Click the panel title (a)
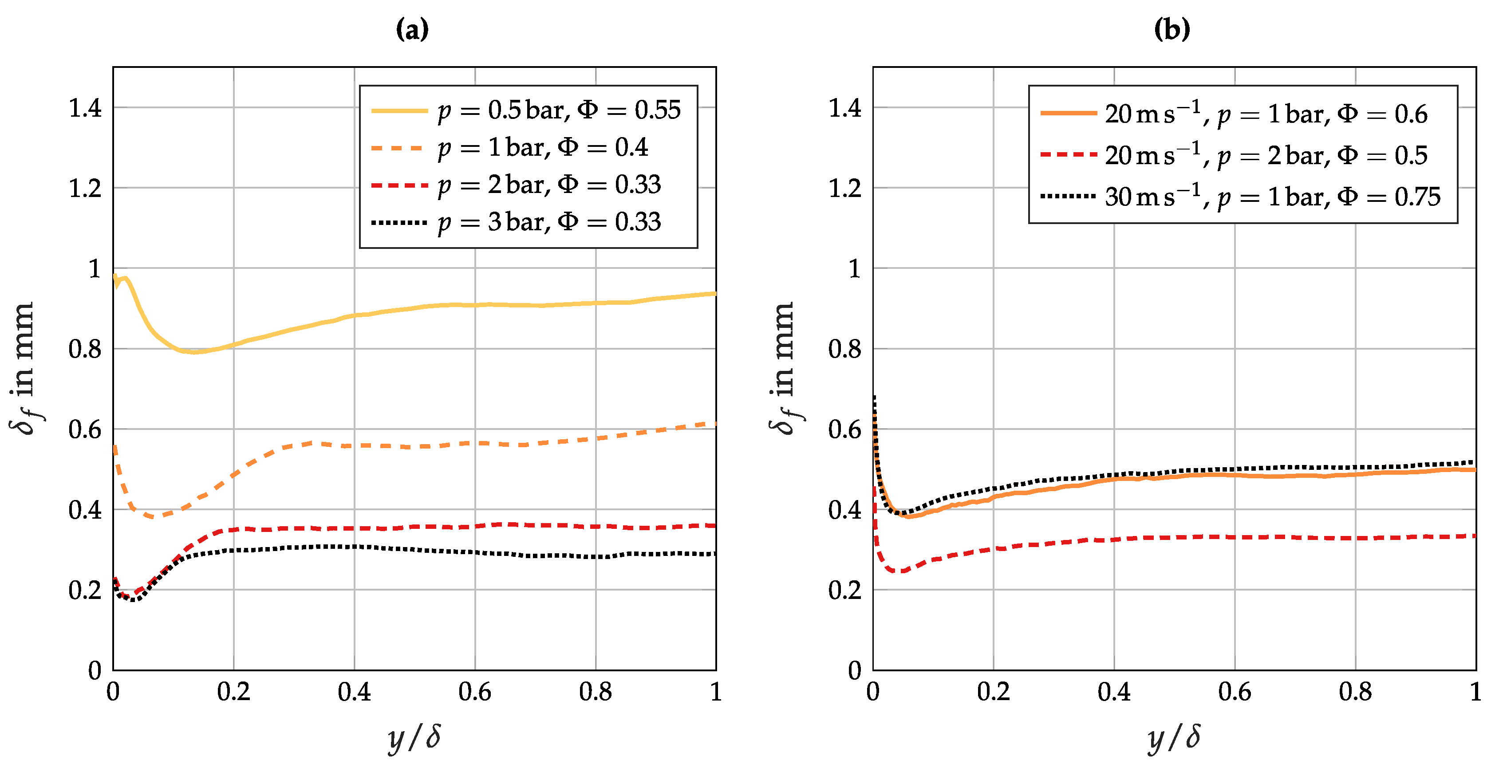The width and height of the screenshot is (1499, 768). (412, 29)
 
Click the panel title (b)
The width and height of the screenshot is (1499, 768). (1172, 29)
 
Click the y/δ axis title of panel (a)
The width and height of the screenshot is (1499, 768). (414, 738)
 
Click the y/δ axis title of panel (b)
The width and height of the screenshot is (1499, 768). (1174, 738)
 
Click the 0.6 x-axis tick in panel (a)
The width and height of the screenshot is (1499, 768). (474, 692)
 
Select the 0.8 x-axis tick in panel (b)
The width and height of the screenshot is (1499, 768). (1355, 692)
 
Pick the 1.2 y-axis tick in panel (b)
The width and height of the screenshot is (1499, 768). (844, 189)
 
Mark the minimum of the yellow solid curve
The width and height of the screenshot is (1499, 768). (194, 352)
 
